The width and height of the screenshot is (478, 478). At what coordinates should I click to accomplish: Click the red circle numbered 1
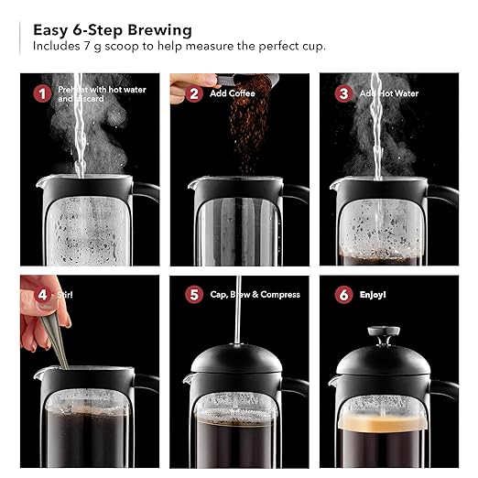point(41,92)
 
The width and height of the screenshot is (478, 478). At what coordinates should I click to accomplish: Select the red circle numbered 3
point(343,92)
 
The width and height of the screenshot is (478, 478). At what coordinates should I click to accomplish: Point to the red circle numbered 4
point(41,296)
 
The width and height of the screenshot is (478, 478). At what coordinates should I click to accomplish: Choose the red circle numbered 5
point(193,296)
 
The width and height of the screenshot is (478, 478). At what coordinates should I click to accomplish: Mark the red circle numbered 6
point(343,296)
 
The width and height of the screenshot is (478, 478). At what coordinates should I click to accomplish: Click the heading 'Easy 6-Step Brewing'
point(113,28)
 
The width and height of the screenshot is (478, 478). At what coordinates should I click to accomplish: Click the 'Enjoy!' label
point(373,296)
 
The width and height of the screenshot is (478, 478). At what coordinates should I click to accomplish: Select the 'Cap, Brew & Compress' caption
point(250,296)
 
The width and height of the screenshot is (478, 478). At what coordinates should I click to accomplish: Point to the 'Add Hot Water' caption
point(389,93)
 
